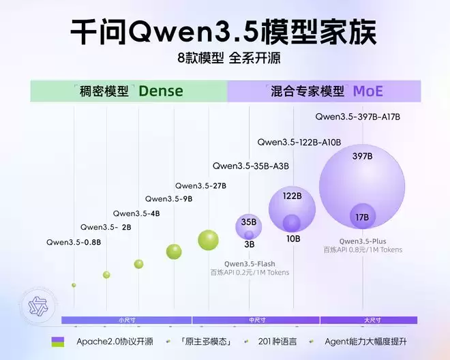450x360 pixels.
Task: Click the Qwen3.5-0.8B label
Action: coord(74,242)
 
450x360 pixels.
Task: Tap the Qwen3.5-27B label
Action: coord(200,185)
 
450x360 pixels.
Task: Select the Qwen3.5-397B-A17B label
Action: coord(357,117)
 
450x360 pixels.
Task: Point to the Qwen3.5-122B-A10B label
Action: coord(299,142)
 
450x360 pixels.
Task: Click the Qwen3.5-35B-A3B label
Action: coord(251,166)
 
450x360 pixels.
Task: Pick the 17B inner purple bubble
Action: coord(362,217)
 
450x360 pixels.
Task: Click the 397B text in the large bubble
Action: coord(362,156)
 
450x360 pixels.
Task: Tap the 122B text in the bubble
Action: coord(292,196)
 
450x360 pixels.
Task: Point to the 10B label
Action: coord(293,239)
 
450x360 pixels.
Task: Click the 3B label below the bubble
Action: coord(249,244)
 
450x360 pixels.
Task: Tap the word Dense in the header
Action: coord(161,91)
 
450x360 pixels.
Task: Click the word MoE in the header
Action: coord(367,91)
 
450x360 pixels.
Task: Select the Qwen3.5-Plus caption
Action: coord(363,241)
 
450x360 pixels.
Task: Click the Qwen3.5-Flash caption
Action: coord(250,264)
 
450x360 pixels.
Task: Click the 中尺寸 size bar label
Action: coord(256,320)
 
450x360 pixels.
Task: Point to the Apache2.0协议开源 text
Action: coord(115,341)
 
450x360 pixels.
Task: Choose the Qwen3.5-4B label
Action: coord(136,213)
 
